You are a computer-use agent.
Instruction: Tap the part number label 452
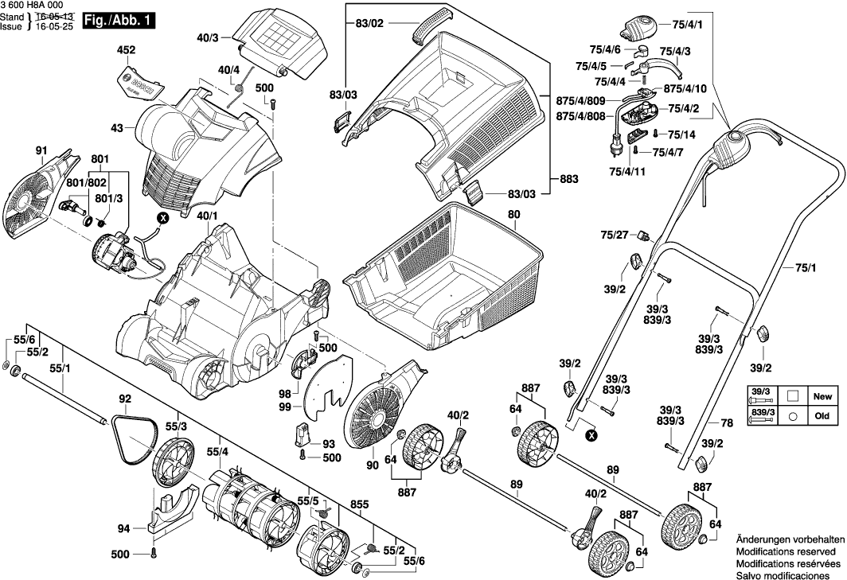point(127,50)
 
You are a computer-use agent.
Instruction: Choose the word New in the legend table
point(821,395)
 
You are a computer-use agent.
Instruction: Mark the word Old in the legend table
point(821,415)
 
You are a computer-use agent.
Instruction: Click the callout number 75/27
point(615,234)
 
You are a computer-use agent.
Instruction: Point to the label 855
point(359,504)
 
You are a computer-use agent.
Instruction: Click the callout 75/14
point(682,135)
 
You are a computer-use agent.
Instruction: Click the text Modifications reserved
point(786,551)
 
